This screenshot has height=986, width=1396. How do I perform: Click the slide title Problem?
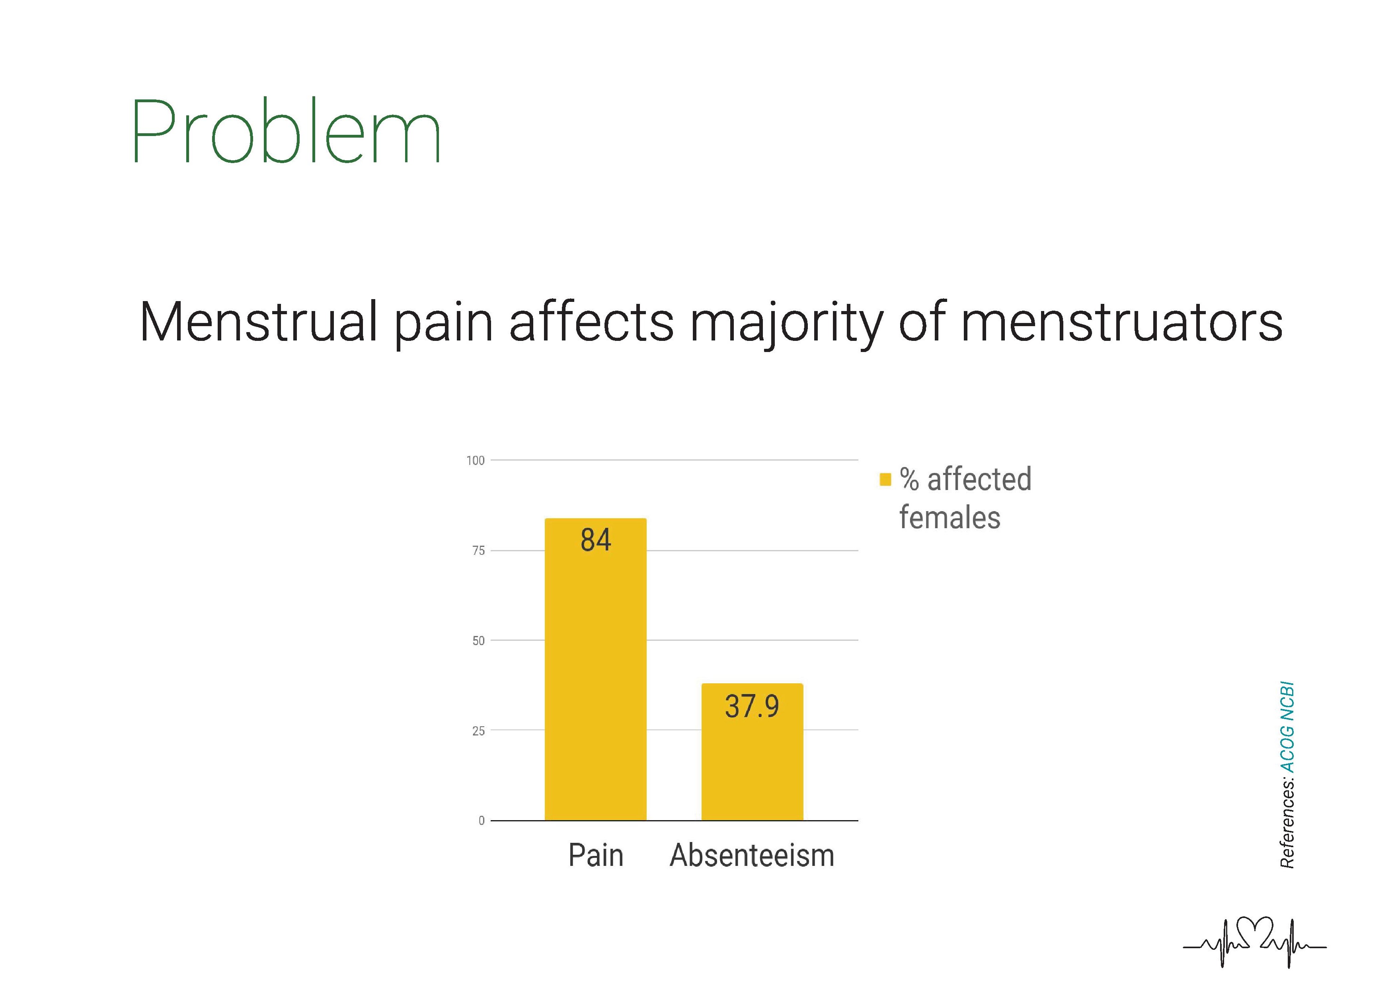point(286,132)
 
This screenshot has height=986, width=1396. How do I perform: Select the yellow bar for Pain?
point(595,669)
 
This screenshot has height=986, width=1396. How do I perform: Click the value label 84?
point(595,539)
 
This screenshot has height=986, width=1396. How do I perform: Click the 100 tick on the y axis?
point(476,461)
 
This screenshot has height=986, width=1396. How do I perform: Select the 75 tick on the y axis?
point(478,550)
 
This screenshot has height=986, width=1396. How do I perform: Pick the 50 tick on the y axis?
point(478,640)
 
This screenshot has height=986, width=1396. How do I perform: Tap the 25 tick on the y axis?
point(478,730)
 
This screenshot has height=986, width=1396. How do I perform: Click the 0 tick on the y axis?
point(482,821)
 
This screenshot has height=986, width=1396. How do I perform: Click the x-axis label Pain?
point(596,856)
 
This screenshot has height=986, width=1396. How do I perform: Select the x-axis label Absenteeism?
point(752,856)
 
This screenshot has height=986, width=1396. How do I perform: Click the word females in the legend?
point(950,517)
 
